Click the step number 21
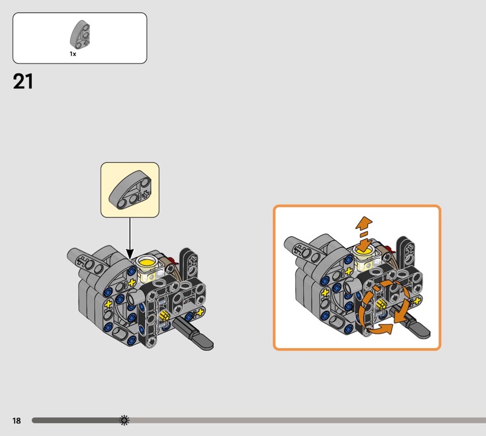22,81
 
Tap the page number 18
17,420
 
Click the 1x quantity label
73,54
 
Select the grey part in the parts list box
80,34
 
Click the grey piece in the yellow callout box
130,190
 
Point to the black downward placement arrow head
130,254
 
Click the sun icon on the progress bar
125,420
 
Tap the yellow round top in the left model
146,263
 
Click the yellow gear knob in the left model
164,316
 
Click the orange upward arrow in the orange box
364,223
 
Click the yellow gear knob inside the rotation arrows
381,304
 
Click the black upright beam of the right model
406,251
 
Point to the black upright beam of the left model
189,263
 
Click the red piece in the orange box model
389,248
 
